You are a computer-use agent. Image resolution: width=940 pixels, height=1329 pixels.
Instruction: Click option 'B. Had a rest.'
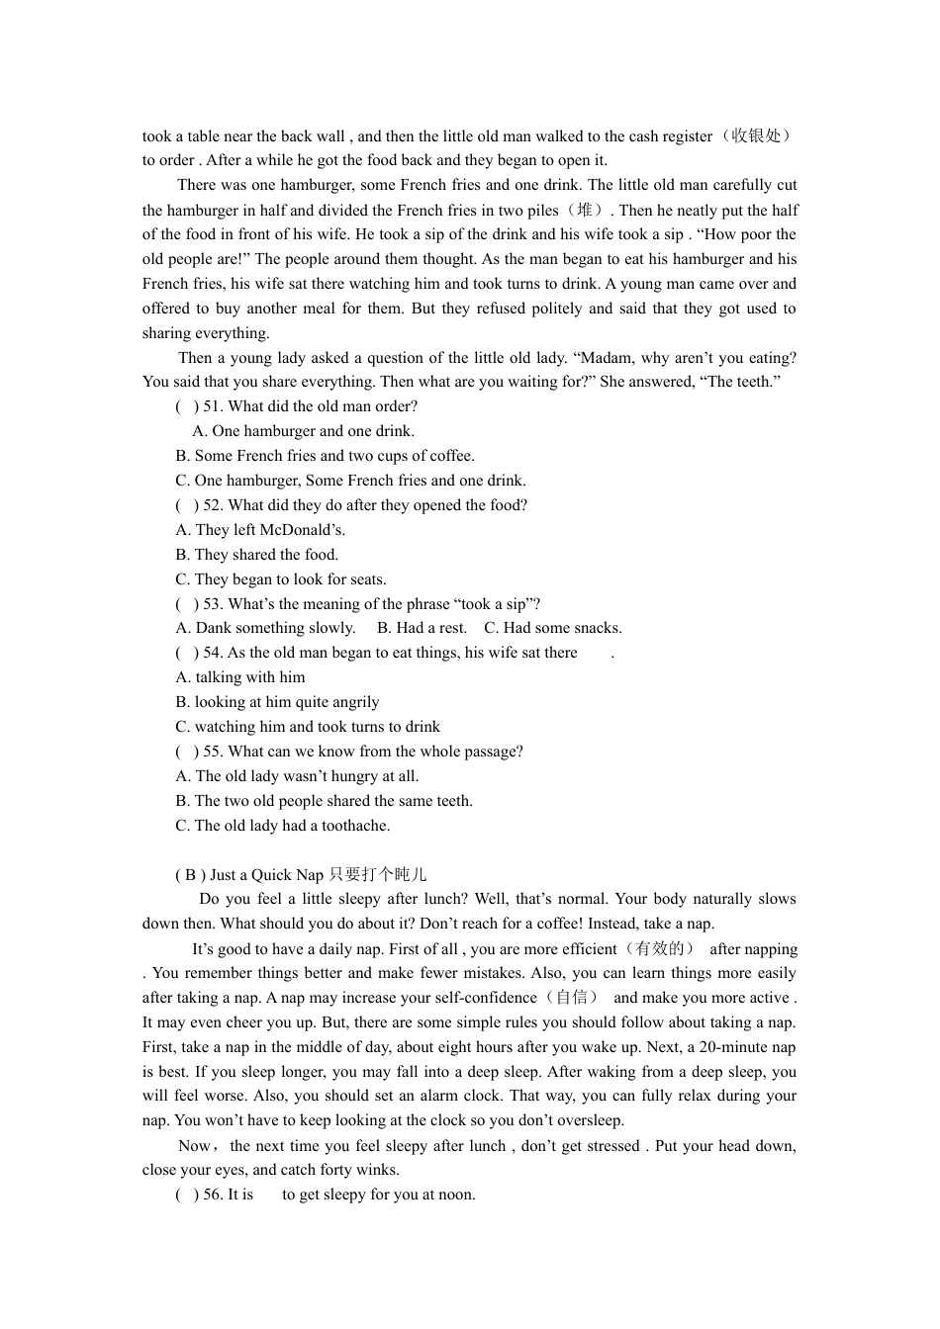(422, 628)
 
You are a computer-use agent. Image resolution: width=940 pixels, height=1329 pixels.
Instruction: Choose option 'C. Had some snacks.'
(553, 628)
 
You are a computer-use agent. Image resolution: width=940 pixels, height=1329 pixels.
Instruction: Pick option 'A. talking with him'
(240, 677)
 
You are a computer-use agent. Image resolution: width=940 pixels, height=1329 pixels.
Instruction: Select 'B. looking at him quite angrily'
(277, 702)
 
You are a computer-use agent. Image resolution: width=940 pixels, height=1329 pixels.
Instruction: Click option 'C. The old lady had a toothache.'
(283, 826)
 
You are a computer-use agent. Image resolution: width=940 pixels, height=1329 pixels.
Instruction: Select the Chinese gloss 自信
(572, 998)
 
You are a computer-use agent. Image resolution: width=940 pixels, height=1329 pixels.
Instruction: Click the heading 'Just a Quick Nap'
(266, 875)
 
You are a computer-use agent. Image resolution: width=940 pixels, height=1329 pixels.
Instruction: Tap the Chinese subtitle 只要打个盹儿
(377, 875)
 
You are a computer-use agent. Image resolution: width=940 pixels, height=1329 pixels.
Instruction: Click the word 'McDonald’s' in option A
(302, 530)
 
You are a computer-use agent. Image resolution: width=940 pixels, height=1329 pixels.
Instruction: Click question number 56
(213, 1195)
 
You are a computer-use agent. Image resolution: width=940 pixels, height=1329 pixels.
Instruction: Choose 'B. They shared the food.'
(257, 555)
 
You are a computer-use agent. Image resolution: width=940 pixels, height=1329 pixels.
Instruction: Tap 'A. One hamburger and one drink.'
(304, 431)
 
